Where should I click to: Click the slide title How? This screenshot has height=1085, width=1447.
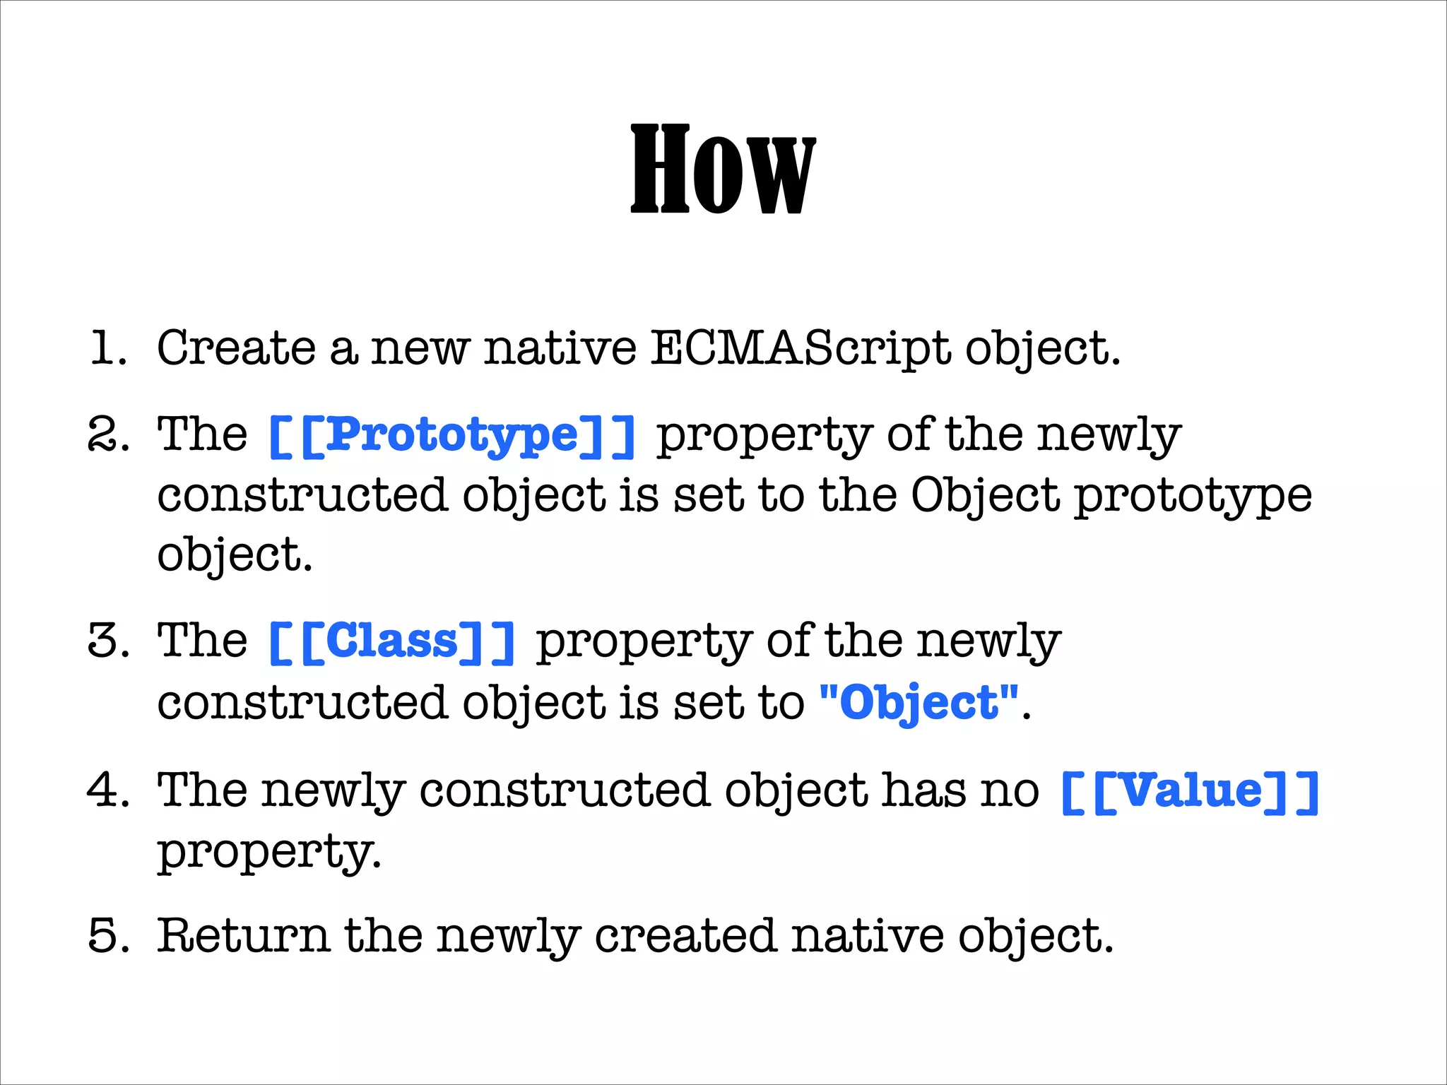[722, 170]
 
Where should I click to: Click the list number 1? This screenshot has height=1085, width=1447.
[108, 348]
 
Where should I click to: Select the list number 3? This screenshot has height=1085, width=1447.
[108, 641]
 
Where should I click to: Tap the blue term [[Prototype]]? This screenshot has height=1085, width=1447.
[452, 436]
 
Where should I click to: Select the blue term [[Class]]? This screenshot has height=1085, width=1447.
[392, 642]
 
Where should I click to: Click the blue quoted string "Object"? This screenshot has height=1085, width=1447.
[919, 703]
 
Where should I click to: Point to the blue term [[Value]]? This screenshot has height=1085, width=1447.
[1190, 791]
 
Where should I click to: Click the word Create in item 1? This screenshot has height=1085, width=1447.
[236, 348]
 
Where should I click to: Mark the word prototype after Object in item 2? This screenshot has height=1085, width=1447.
[1193, 497]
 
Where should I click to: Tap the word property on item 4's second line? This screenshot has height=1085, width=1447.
[268, 852]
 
